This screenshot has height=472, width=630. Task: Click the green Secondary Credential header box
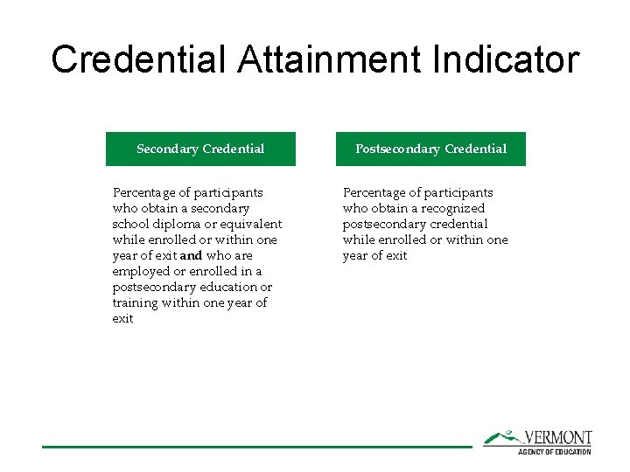point(200,149)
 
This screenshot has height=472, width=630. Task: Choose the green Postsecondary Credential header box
point(430,149)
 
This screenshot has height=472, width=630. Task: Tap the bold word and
point(191,255)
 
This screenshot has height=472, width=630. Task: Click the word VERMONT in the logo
point(557,438)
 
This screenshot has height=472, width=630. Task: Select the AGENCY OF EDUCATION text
point(555,451)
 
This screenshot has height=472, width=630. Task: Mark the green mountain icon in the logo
point(502,436)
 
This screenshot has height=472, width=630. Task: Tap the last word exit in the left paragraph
point(122,318)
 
